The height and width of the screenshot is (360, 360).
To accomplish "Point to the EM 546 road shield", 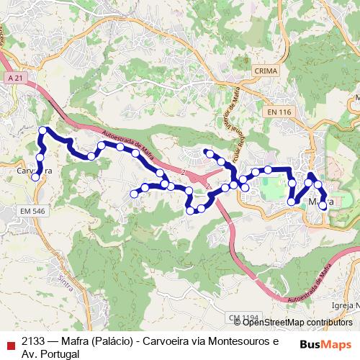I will pyautogui.click(x=33, y=210).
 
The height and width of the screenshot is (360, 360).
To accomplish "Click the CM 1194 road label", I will pyautogui.click(x=243, y=318).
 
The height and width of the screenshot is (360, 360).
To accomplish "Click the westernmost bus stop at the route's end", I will pyautogui.click(x=35, y=177).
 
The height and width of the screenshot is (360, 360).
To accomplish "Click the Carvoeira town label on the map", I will pyautogui.click(x=34, y=172).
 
